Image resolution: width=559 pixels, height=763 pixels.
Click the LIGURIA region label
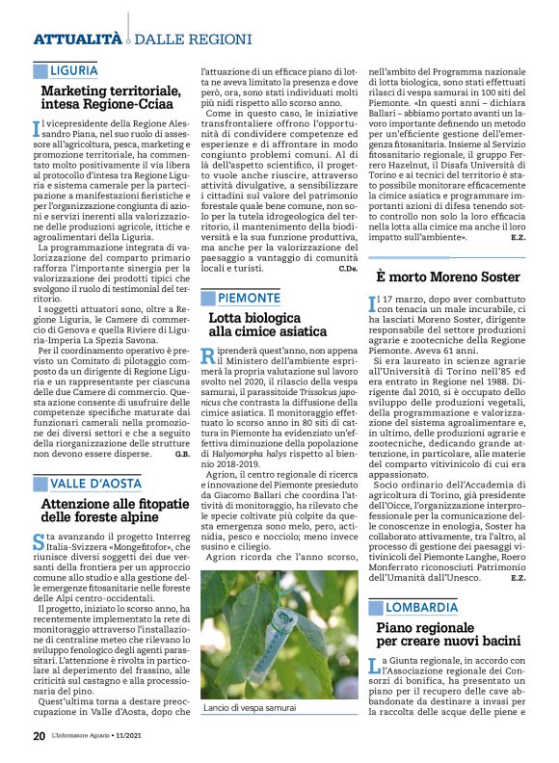(x=73, y=70)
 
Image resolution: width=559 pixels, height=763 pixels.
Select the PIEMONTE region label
(x=249, y=297)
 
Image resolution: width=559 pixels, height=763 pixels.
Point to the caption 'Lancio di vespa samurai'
(x=250, y=708)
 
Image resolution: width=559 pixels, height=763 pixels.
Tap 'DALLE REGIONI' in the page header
(x=181, y=39)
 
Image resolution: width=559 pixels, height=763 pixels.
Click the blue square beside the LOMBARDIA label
(x=376, y=608)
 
